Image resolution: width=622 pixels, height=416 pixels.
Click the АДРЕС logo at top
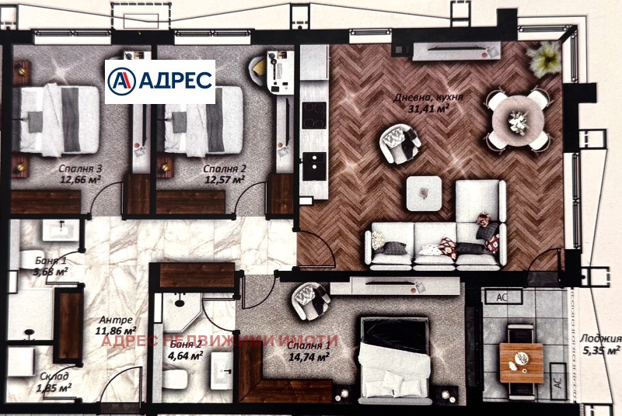[159, 81]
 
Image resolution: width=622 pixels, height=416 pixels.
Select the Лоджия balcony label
[600, 339]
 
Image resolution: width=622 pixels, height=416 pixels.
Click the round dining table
[517, 120]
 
